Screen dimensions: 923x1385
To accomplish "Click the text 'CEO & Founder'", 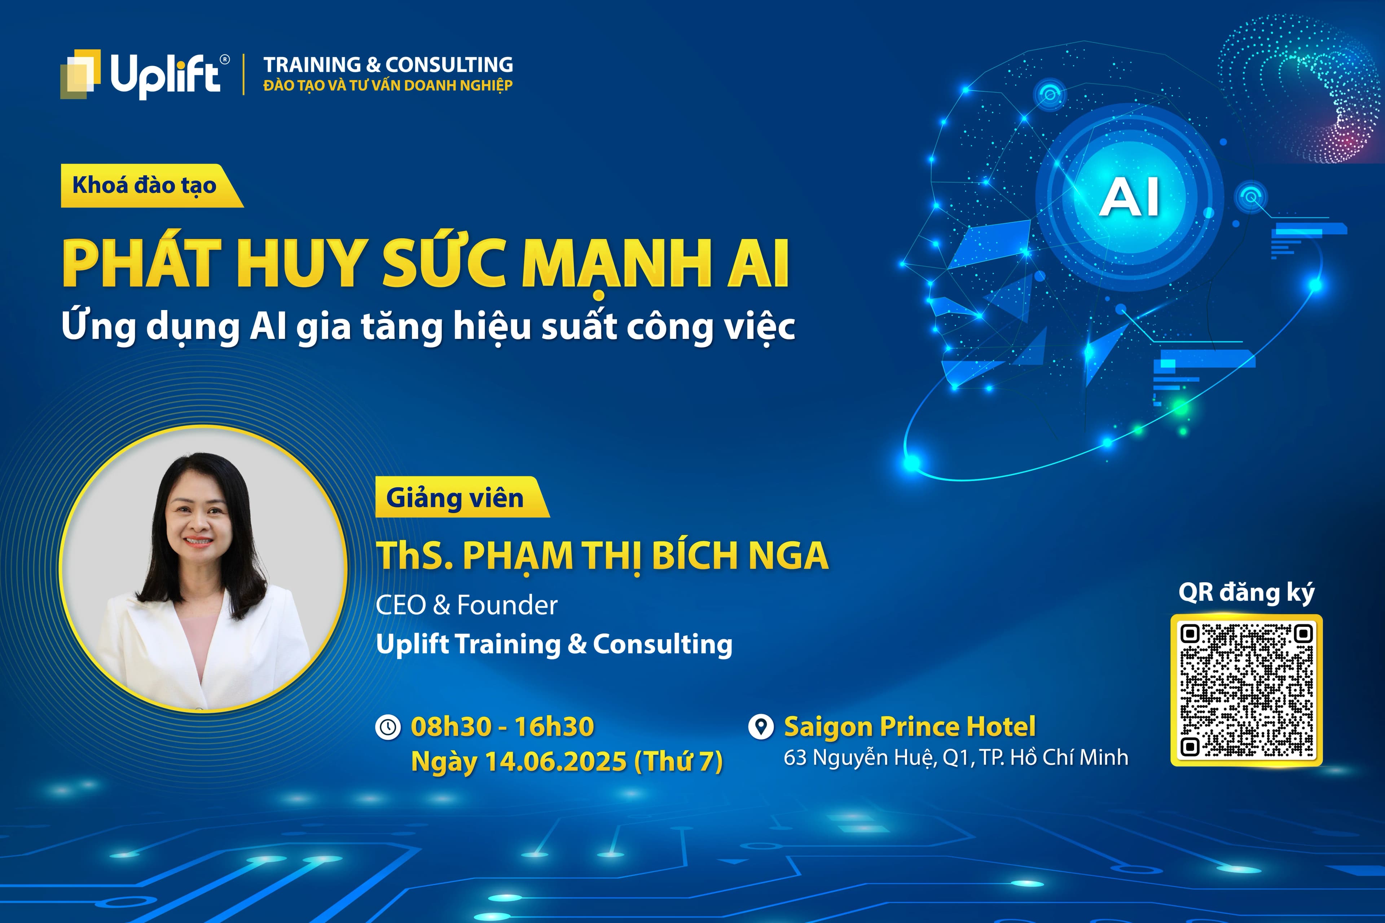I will (466, 605).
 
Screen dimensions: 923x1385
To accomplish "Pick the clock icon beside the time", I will (388, 727).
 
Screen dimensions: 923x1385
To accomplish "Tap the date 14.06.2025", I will (555, 761).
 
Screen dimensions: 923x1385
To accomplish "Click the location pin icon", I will (760, 727).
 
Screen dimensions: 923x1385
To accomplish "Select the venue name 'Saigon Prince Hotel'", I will (909, 727).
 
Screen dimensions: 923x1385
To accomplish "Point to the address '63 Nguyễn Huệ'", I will (858, 758).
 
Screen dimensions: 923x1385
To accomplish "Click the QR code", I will (1246, 690).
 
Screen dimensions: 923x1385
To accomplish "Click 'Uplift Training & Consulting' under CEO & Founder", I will (554, 644).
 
